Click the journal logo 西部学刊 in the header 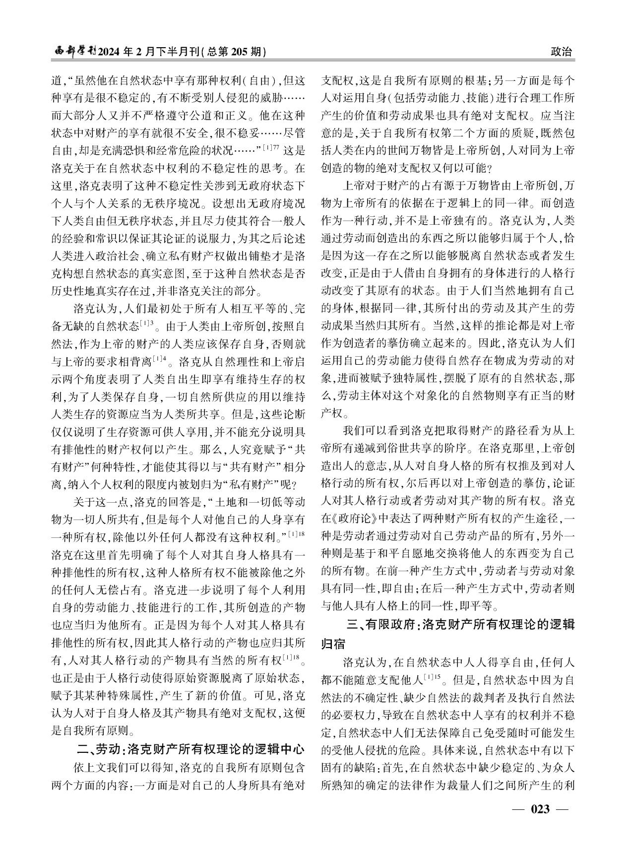tap(74, 52)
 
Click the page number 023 tap(540, 809)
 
